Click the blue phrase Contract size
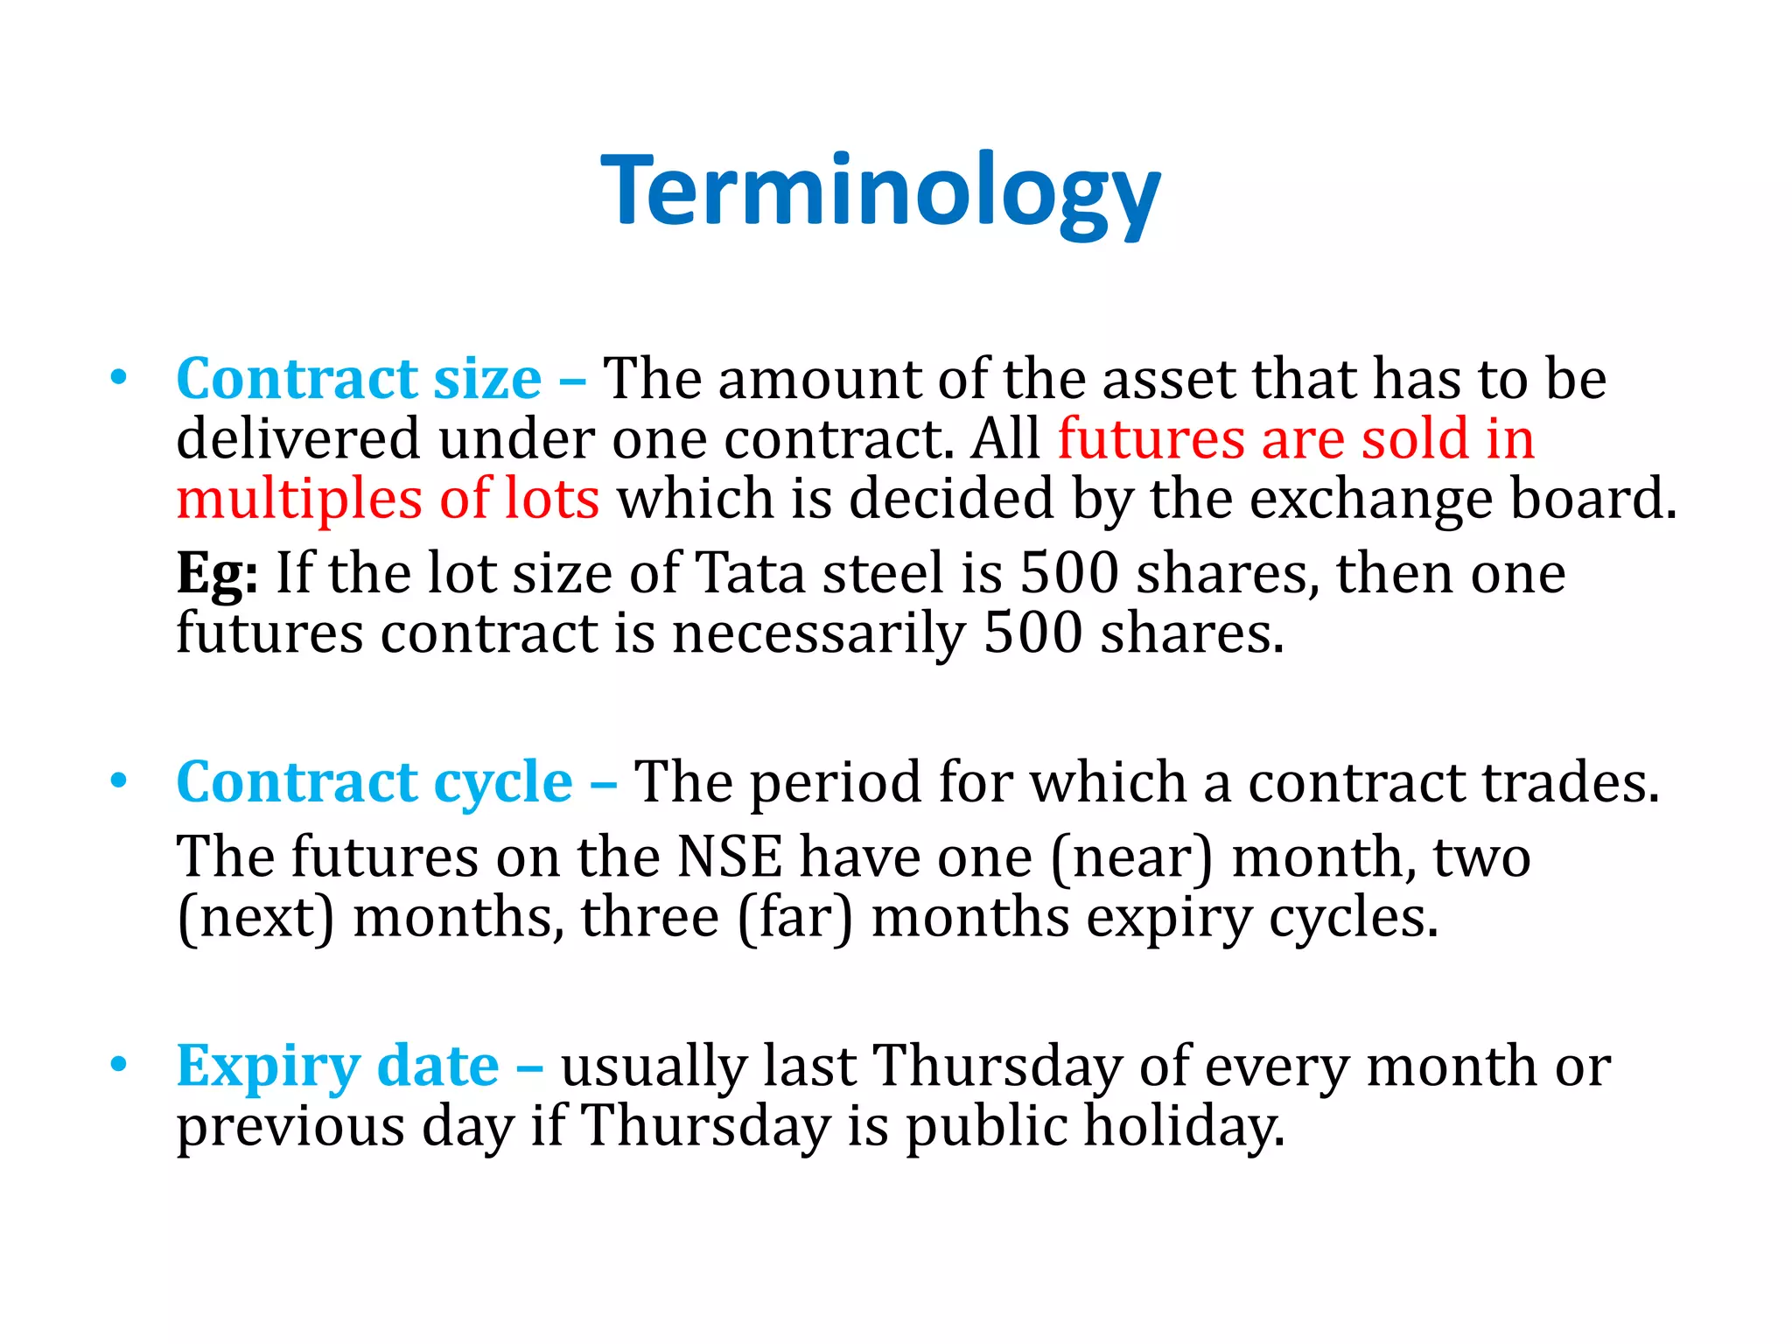pyautogui.click(x=359, y=381)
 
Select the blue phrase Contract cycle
pyautogui.click(x=374, y=783)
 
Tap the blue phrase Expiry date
pyautogui.click(x=338, y=1067)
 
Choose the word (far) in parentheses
pyautogui.click(x=794, y=919)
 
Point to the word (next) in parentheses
pyautogui.click(x=255, y=919)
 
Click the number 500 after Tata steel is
pyautogui.click(x=1069, y=574)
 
